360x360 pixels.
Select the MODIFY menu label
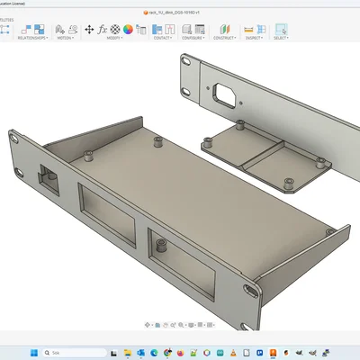coord(113,39)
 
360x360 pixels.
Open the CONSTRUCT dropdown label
coord(222,39)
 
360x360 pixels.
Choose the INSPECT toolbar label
coord(251,39)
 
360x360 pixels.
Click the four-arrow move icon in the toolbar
coord(89,29)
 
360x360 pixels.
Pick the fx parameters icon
coord(103,29)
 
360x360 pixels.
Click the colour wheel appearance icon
coord(128,29)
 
